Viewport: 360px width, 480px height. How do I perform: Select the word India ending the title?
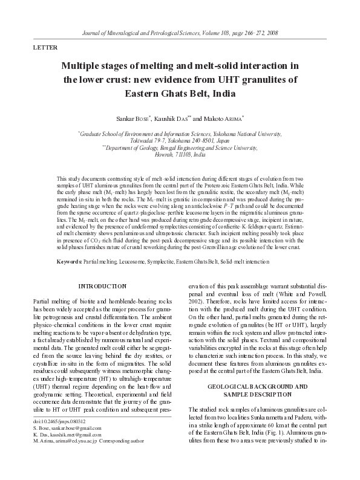click(220, 94)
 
